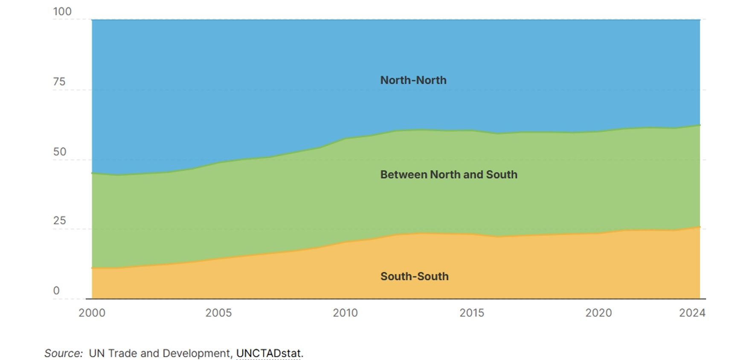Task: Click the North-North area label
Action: point(413,80)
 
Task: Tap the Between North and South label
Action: point(448,174)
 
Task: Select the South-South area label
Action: point(414,276)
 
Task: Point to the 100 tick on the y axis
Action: point(62,12)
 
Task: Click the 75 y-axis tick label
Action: point(59,81)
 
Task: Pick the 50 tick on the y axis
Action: point(59,151)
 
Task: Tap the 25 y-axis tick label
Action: point(59,221)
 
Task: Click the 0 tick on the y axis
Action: point(56,290)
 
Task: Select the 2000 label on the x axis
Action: point(92,313)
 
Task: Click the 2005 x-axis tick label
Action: point(218,313)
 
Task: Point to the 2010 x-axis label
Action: point(345,313)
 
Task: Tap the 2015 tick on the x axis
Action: point(472,313)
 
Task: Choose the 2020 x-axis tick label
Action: point(598,313)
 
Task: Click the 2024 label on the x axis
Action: point(692,313)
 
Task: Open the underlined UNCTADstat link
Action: point(268,353)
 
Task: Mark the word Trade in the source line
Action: point(122,353)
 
